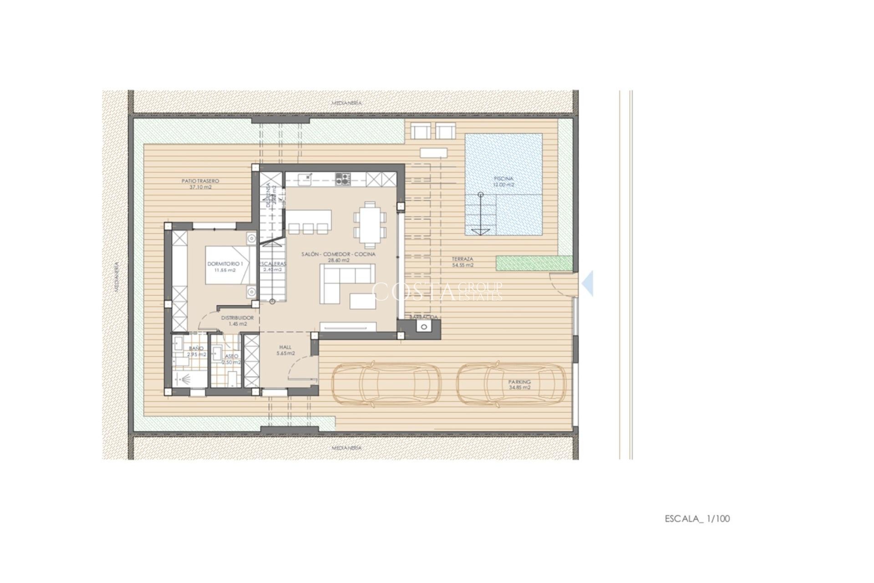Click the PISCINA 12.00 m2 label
[503, 182]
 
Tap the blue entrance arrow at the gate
[588, 283]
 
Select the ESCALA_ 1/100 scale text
[697, 518]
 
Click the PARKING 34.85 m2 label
[519, 385]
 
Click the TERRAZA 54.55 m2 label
[462, 261]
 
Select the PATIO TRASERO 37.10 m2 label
[200, 184]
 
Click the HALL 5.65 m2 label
[285, 350]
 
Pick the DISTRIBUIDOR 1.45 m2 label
[237, 321]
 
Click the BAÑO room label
[196, 351]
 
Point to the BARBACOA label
[423, 317]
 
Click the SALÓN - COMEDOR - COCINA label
[338, 257]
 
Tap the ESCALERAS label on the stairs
[273, 266]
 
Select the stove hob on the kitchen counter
[343, 179]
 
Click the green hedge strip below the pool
[534, 263]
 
